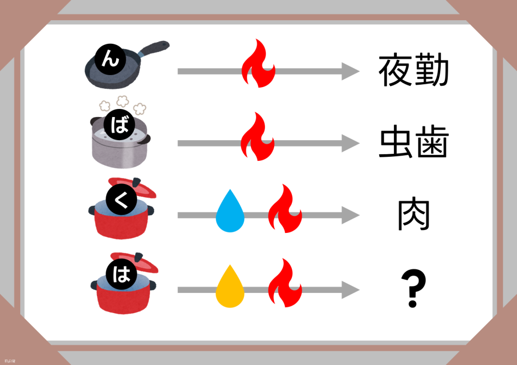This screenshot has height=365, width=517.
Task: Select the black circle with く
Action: [x=119, y=201]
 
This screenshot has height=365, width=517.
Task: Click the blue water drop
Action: [x=230, y=212]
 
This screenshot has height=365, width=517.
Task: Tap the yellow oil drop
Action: [x=230, y=286]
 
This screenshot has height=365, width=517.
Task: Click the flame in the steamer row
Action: [x=258, y=137]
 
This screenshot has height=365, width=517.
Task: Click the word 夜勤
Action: [x=413, y=71]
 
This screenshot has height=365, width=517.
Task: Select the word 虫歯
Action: [x=413, y=144]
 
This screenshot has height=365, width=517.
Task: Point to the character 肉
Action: [x=413, y=216]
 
